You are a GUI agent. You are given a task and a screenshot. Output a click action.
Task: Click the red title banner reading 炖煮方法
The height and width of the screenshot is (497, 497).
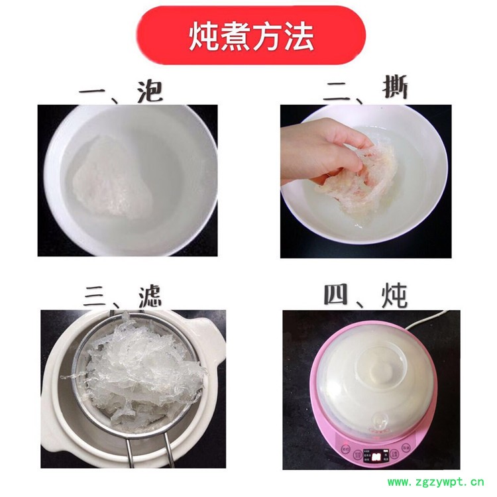click(x=250, y=34)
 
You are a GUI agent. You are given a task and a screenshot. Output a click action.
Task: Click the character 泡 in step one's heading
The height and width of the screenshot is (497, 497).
click(x=150, y=92)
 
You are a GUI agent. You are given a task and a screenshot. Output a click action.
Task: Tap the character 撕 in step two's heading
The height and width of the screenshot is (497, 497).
click(x=395, y=87)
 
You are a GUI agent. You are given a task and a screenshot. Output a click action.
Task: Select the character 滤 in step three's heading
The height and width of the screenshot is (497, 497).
click(x=150, y=297)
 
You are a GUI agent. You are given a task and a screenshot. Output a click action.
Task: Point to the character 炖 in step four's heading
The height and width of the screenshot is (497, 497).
click(x=394, y=296)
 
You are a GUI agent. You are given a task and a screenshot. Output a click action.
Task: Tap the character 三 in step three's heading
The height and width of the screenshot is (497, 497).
click(x=95, y=296)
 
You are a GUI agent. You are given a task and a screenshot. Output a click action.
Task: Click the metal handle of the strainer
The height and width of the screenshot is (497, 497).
click(x=150, y=450)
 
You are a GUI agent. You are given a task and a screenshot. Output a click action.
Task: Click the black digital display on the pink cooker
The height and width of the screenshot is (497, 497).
click(x=373, y=455)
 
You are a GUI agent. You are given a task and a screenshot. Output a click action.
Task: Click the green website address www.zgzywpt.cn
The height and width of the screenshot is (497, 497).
click(x=436, y=482)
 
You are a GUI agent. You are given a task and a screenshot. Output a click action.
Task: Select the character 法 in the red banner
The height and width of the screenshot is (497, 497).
click(x=298, y=35)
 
